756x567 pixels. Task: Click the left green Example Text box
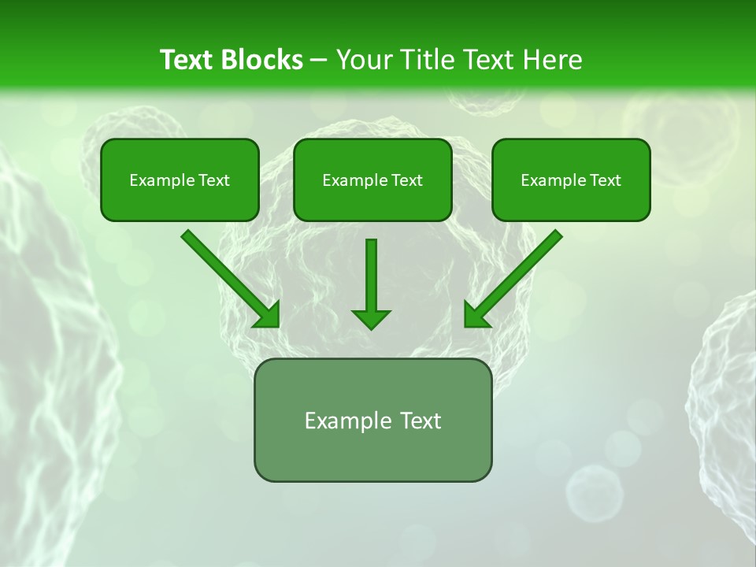(180, 180)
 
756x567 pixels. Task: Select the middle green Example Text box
(372, 180)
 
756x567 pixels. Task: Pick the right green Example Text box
(571, 180)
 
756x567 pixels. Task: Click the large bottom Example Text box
(372, 421)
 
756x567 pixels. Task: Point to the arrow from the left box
(228, 277)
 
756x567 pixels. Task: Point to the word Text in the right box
(605, 180)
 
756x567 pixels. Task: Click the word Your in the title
(363, 60)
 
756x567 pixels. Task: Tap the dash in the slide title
(319, 61)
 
